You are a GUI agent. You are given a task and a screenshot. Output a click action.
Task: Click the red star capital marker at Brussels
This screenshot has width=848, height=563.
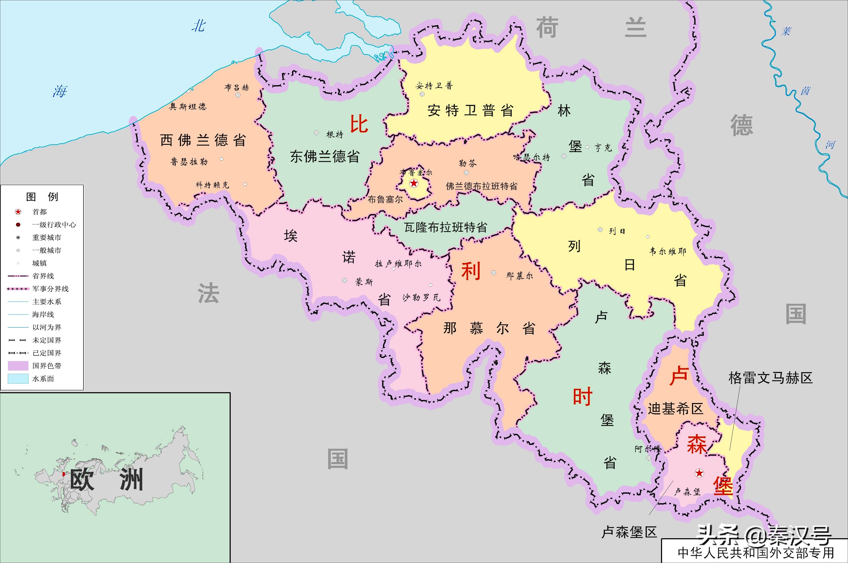(x=414, y=183)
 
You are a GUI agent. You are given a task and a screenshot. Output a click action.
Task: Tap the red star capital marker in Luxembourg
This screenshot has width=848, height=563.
(x=699, y=473)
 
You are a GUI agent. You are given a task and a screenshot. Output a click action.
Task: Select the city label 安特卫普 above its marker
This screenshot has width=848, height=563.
(x=434, y=85)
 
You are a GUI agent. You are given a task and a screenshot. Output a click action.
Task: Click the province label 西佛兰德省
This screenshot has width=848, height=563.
(x=203, y=140)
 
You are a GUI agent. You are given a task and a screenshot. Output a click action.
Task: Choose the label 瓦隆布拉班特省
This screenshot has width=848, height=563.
(x=446, y=227)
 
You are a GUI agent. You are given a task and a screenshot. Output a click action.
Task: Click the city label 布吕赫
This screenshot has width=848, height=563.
(x=237, y=87)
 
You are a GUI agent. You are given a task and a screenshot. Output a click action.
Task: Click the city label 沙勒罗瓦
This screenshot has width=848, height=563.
(x=421, y=297)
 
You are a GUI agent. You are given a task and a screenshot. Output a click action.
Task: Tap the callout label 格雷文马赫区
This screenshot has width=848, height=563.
(x=770, y=378)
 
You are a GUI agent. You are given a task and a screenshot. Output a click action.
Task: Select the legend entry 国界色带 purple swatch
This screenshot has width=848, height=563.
(x=18, y=366)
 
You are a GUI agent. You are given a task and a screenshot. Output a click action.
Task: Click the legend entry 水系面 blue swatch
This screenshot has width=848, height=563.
(x=18, y=379)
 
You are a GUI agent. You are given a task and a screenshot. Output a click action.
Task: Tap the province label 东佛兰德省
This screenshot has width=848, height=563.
(x=325, y=156)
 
